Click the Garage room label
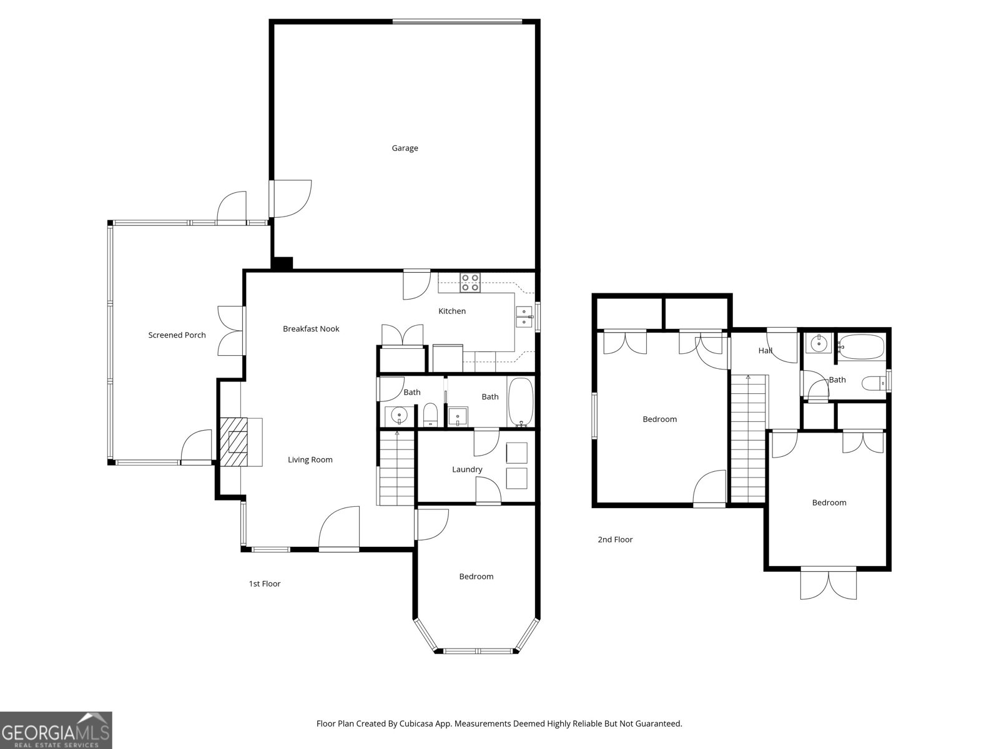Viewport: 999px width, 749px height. [x=405, y=148]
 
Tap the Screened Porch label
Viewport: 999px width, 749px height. [x=177, y=335]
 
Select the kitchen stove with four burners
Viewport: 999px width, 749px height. [x=470, y=283]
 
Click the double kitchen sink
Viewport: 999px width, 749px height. [x=523, y=317]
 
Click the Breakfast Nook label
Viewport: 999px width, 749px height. [x=311, y=329]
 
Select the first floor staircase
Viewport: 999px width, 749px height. [x=396, y=468]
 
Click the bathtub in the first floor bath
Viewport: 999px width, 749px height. [x=521, y=401]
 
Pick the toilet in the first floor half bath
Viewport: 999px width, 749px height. [x=430, y=415]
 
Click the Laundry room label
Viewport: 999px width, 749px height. [x=467, y=469]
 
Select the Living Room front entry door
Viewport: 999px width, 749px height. [x=339, y=531]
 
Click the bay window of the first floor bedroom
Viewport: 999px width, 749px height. [x=477, y=651]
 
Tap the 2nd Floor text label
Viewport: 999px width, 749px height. [x=615, y=539]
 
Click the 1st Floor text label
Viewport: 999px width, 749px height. [x=265, y=584]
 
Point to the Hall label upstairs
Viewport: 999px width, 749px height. [x=765, y=351]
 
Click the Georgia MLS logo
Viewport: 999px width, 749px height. [x=56, y=730]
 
